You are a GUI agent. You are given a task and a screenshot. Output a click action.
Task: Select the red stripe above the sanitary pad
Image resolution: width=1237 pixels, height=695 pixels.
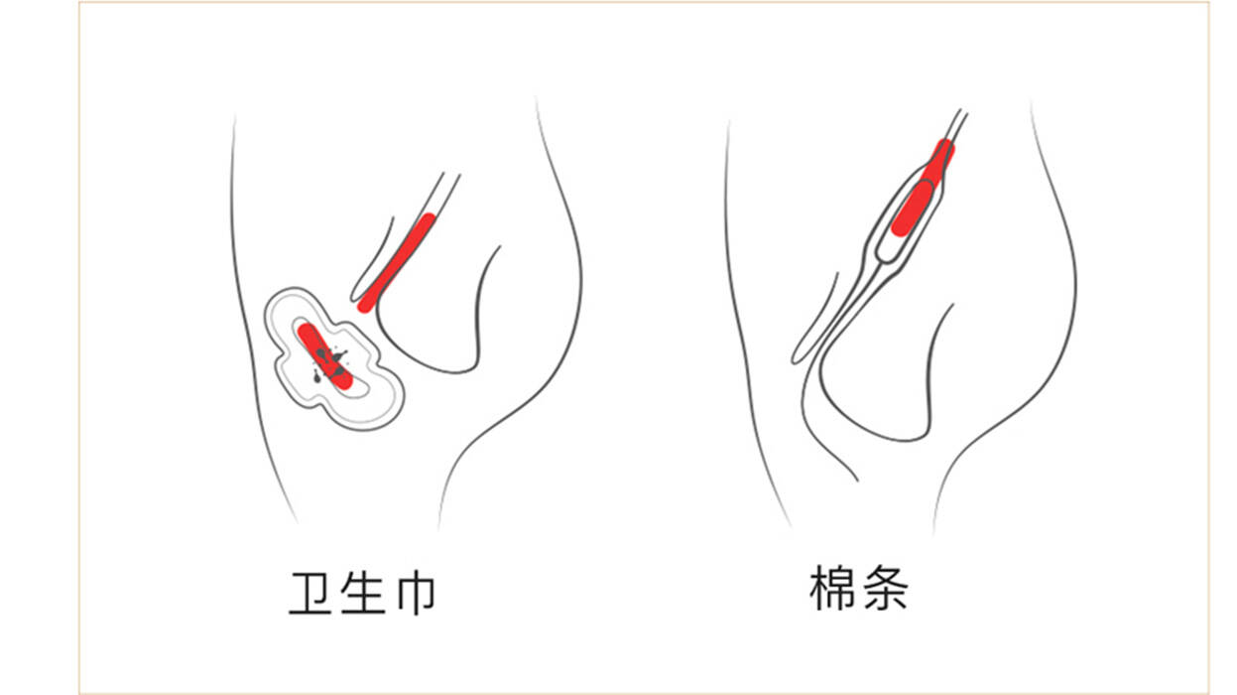pos(399,260)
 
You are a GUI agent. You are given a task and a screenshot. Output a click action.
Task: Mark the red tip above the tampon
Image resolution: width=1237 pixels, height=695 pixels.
pos(942,154)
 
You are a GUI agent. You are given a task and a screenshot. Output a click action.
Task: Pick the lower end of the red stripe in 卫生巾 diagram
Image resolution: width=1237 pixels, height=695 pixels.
pos(367,303)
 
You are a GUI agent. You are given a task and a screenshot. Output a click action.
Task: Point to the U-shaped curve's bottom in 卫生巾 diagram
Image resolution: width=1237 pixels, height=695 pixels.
pos(436,369)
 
